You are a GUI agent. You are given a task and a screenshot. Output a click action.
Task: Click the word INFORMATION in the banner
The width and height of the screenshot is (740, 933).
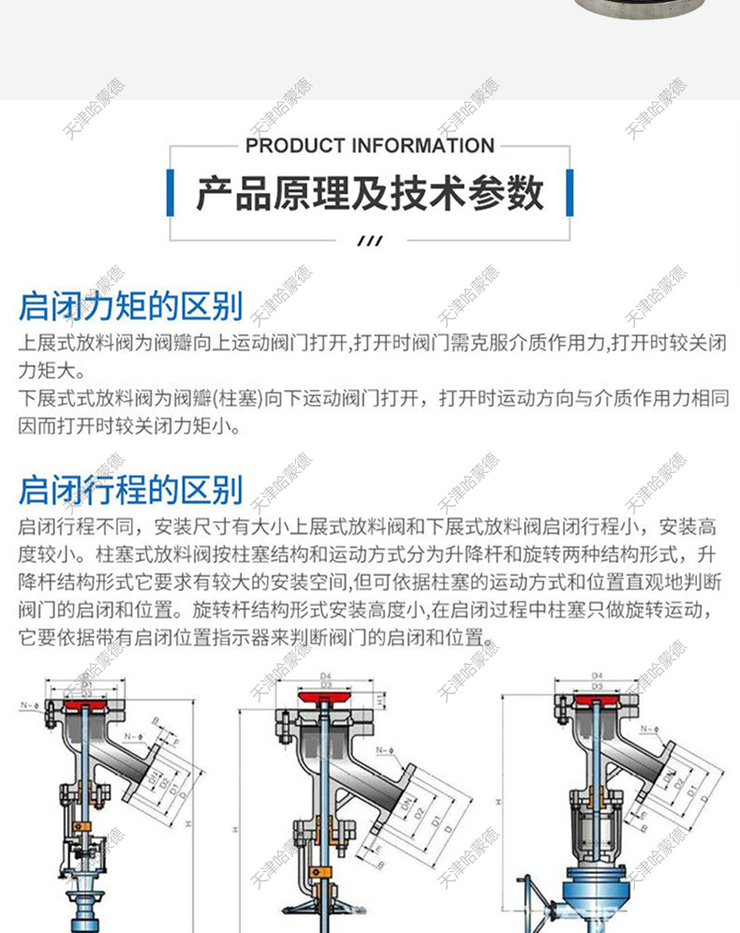pos(422,146)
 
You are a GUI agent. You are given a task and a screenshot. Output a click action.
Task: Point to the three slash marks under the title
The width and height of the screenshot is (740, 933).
pos(371,241)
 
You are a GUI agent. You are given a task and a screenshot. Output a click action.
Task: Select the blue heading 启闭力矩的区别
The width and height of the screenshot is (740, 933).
pos(130,305)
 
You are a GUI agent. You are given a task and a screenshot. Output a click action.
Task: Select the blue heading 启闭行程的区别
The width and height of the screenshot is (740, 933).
pos(130,489)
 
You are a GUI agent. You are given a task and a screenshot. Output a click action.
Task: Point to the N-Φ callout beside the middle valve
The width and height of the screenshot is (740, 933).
pos(384,750)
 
